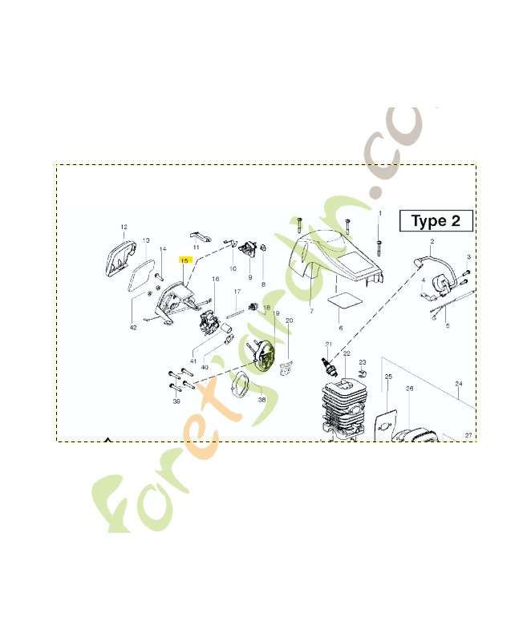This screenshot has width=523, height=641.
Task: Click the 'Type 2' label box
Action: (x=436, y=220)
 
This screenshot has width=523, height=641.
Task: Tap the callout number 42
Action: (x=133, y=327)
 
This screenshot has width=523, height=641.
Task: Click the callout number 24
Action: (x=459, y=384)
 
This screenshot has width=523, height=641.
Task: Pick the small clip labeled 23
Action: (x=363, y=373)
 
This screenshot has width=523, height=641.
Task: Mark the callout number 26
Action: (x=409, y=389)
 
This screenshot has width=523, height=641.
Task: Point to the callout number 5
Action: (x=447, y=325)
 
